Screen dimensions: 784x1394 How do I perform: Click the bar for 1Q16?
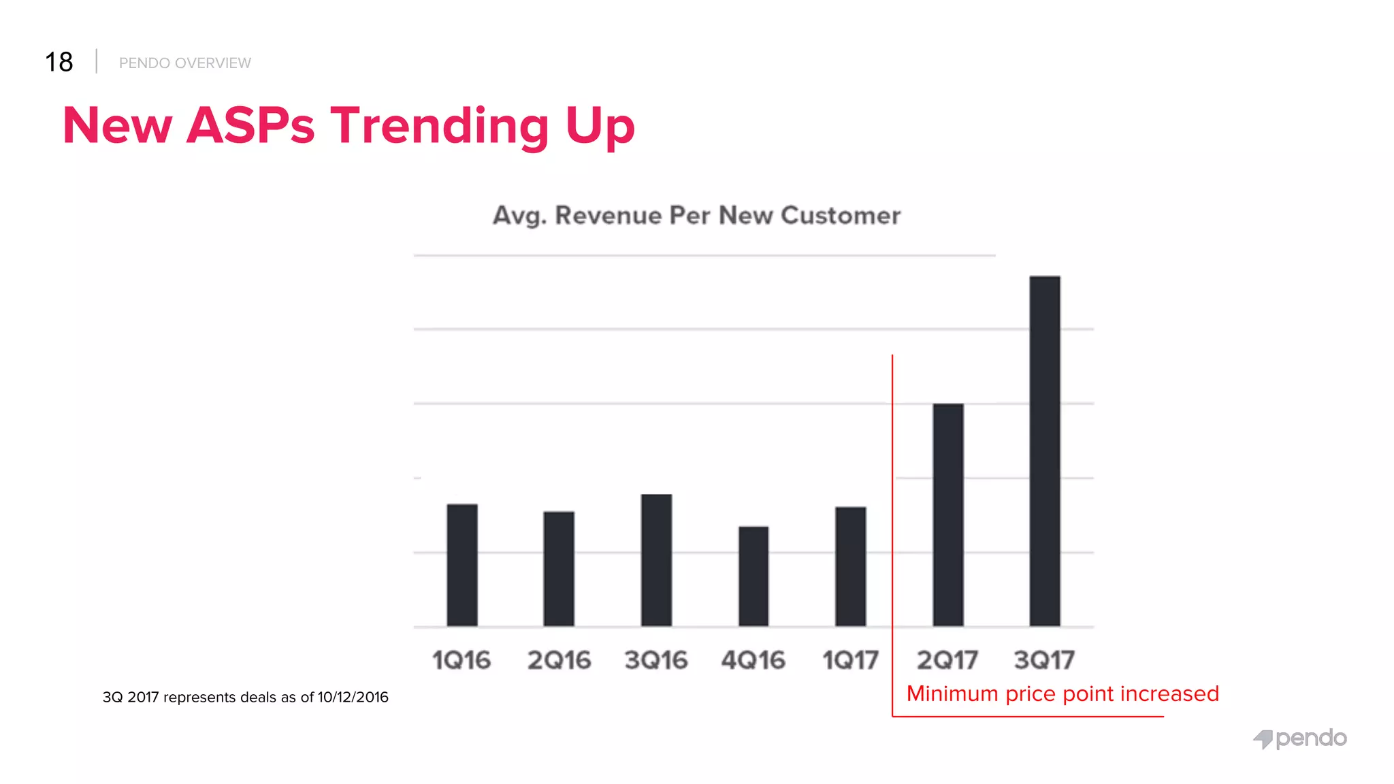point(462,565)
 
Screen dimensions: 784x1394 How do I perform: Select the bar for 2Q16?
point(559,568)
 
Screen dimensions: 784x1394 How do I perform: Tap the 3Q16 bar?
point(656,560)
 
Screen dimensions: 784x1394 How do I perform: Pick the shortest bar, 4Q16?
point(753,576)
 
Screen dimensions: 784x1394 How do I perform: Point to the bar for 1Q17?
point(851,566)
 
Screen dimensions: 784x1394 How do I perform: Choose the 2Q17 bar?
point(948,514)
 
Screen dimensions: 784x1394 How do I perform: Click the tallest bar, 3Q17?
point(1045,451)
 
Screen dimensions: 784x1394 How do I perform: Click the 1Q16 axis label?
point(461,660)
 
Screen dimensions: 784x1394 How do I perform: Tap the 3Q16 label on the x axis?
point(656,660)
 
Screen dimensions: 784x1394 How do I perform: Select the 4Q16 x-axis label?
point(753,660)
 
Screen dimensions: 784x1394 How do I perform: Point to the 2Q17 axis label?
point(947,660)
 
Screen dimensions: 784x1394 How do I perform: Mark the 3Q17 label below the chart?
point(1044,660)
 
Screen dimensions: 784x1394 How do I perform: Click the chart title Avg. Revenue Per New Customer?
point(696,216)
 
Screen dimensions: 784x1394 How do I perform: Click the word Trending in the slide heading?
point(440,126)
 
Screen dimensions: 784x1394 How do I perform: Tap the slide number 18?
point(59,62)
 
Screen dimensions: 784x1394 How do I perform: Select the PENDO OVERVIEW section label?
point(185,63)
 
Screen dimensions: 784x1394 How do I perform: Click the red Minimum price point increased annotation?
point(1063,693)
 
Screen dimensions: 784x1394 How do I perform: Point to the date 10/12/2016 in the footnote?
point(353,698)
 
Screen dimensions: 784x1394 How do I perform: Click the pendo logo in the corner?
point(1300,738)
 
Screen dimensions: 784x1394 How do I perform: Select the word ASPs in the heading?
point(250,126)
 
